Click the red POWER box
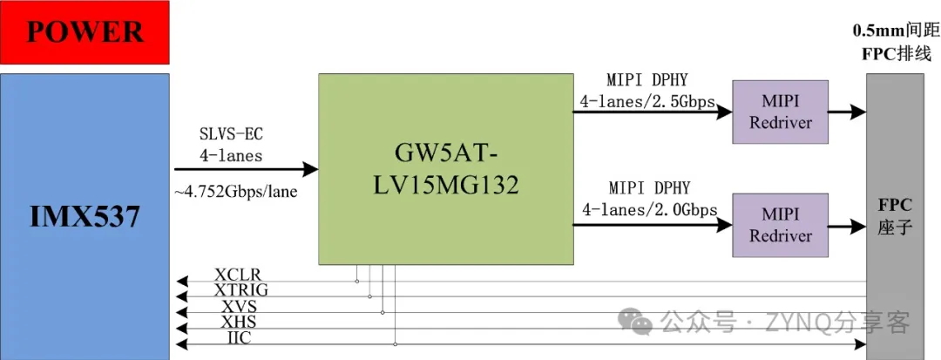click(85, 32)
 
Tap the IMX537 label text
click(85, 216)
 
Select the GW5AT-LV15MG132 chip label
click(445, 170)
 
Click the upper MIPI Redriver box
click(780, 112)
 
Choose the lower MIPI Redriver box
click(780, 224)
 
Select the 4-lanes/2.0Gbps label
click(648, 209)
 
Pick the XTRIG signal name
click(240, 290)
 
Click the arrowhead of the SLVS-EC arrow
click(310, 170)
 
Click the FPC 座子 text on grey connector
click(895, 216)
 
